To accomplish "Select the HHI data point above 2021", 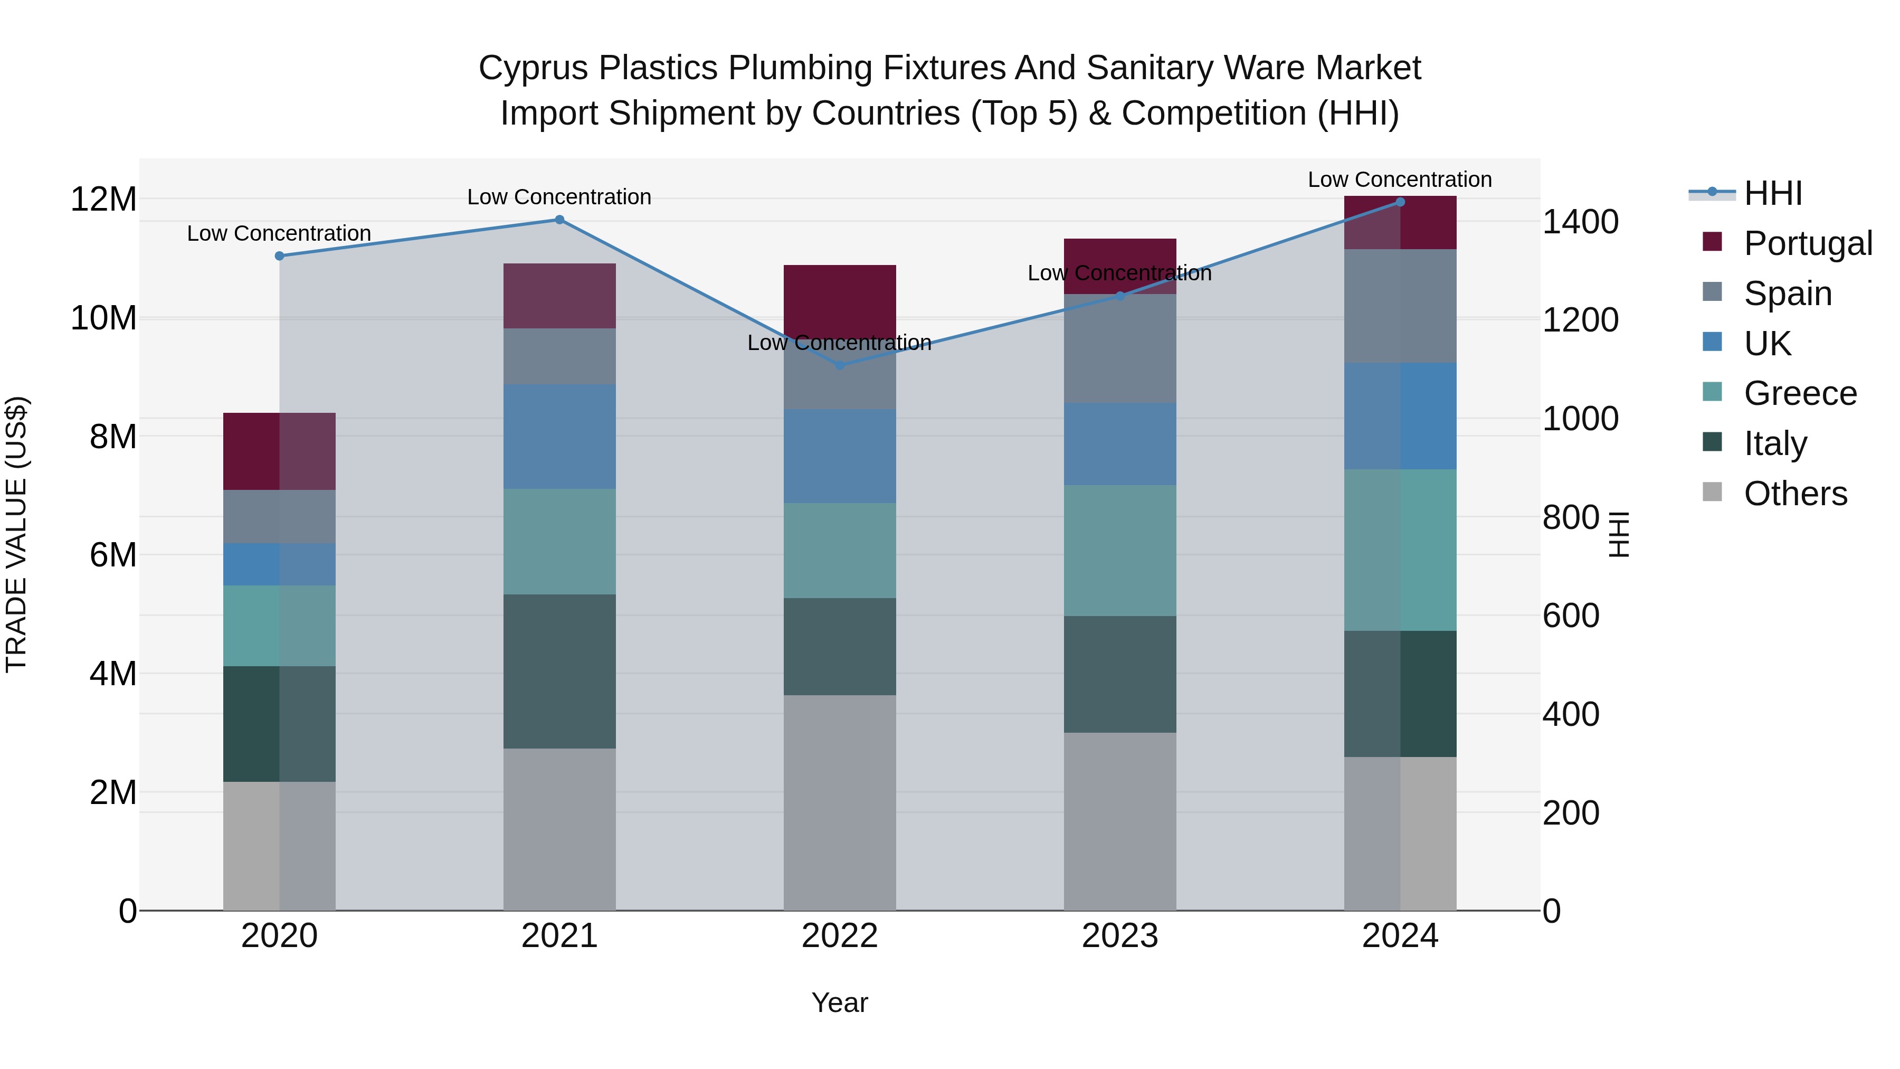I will (x=559, y=220).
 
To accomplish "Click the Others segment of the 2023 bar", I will (x=1119, y=820).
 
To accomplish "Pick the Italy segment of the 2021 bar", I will (x=559, y=671).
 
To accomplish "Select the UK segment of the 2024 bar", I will (x=1400, y=416).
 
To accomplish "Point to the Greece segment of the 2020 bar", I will (x=279, y=626).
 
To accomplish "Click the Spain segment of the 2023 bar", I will (x=1119, y=348).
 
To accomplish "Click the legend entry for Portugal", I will (x=1807, y=243).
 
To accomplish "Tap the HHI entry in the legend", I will (x=1772, y=193).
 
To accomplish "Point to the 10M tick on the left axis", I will (x=103, y=318).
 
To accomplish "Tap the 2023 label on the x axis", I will (x=1119, y=936).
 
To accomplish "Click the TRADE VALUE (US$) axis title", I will (x=16, y=534).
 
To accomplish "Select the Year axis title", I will (x=839, y=1002).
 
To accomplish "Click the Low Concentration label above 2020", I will (x=279, y=233).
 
